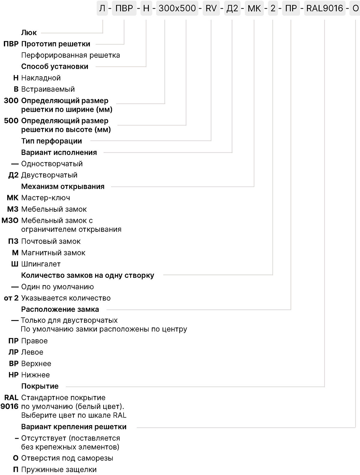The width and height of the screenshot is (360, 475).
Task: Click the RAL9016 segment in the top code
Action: (325, 8)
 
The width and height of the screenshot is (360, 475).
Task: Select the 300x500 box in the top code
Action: (177, 8)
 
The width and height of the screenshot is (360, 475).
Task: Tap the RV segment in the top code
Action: (211, 8)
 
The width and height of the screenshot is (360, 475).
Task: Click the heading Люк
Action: (29, 33)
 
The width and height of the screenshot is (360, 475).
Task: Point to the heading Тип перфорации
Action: (52, 141)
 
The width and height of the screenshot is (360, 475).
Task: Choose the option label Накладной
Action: (41, 78)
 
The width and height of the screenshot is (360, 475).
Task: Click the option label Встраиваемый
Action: (48, 89)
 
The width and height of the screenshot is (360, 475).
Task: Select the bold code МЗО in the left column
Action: (10, 220)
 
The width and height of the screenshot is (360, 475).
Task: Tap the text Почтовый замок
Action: (51, 241)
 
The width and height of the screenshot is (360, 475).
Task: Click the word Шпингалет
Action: (41, 264)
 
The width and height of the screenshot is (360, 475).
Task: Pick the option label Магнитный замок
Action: (53, 253)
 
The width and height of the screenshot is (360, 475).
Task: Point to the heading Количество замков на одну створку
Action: (88, 275)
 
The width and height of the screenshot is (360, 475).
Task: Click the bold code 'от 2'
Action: (11, 298)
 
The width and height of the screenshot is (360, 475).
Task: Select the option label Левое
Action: (32, 352)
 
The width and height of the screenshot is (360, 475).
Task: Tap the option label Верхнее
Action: (36, 364)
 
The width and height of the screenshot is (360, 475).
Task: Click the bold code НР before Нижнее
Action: (13, 375)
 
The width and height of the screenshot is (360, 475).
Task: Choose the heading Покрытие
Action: (40, 386)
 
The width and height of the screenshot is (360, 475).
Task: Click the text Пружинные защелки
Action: (59, 470)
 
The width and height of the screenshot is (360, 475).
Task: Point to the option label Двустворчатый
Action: (49, 175)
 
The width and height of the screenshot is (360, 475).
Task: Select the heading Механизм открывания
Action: (63, 186)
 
